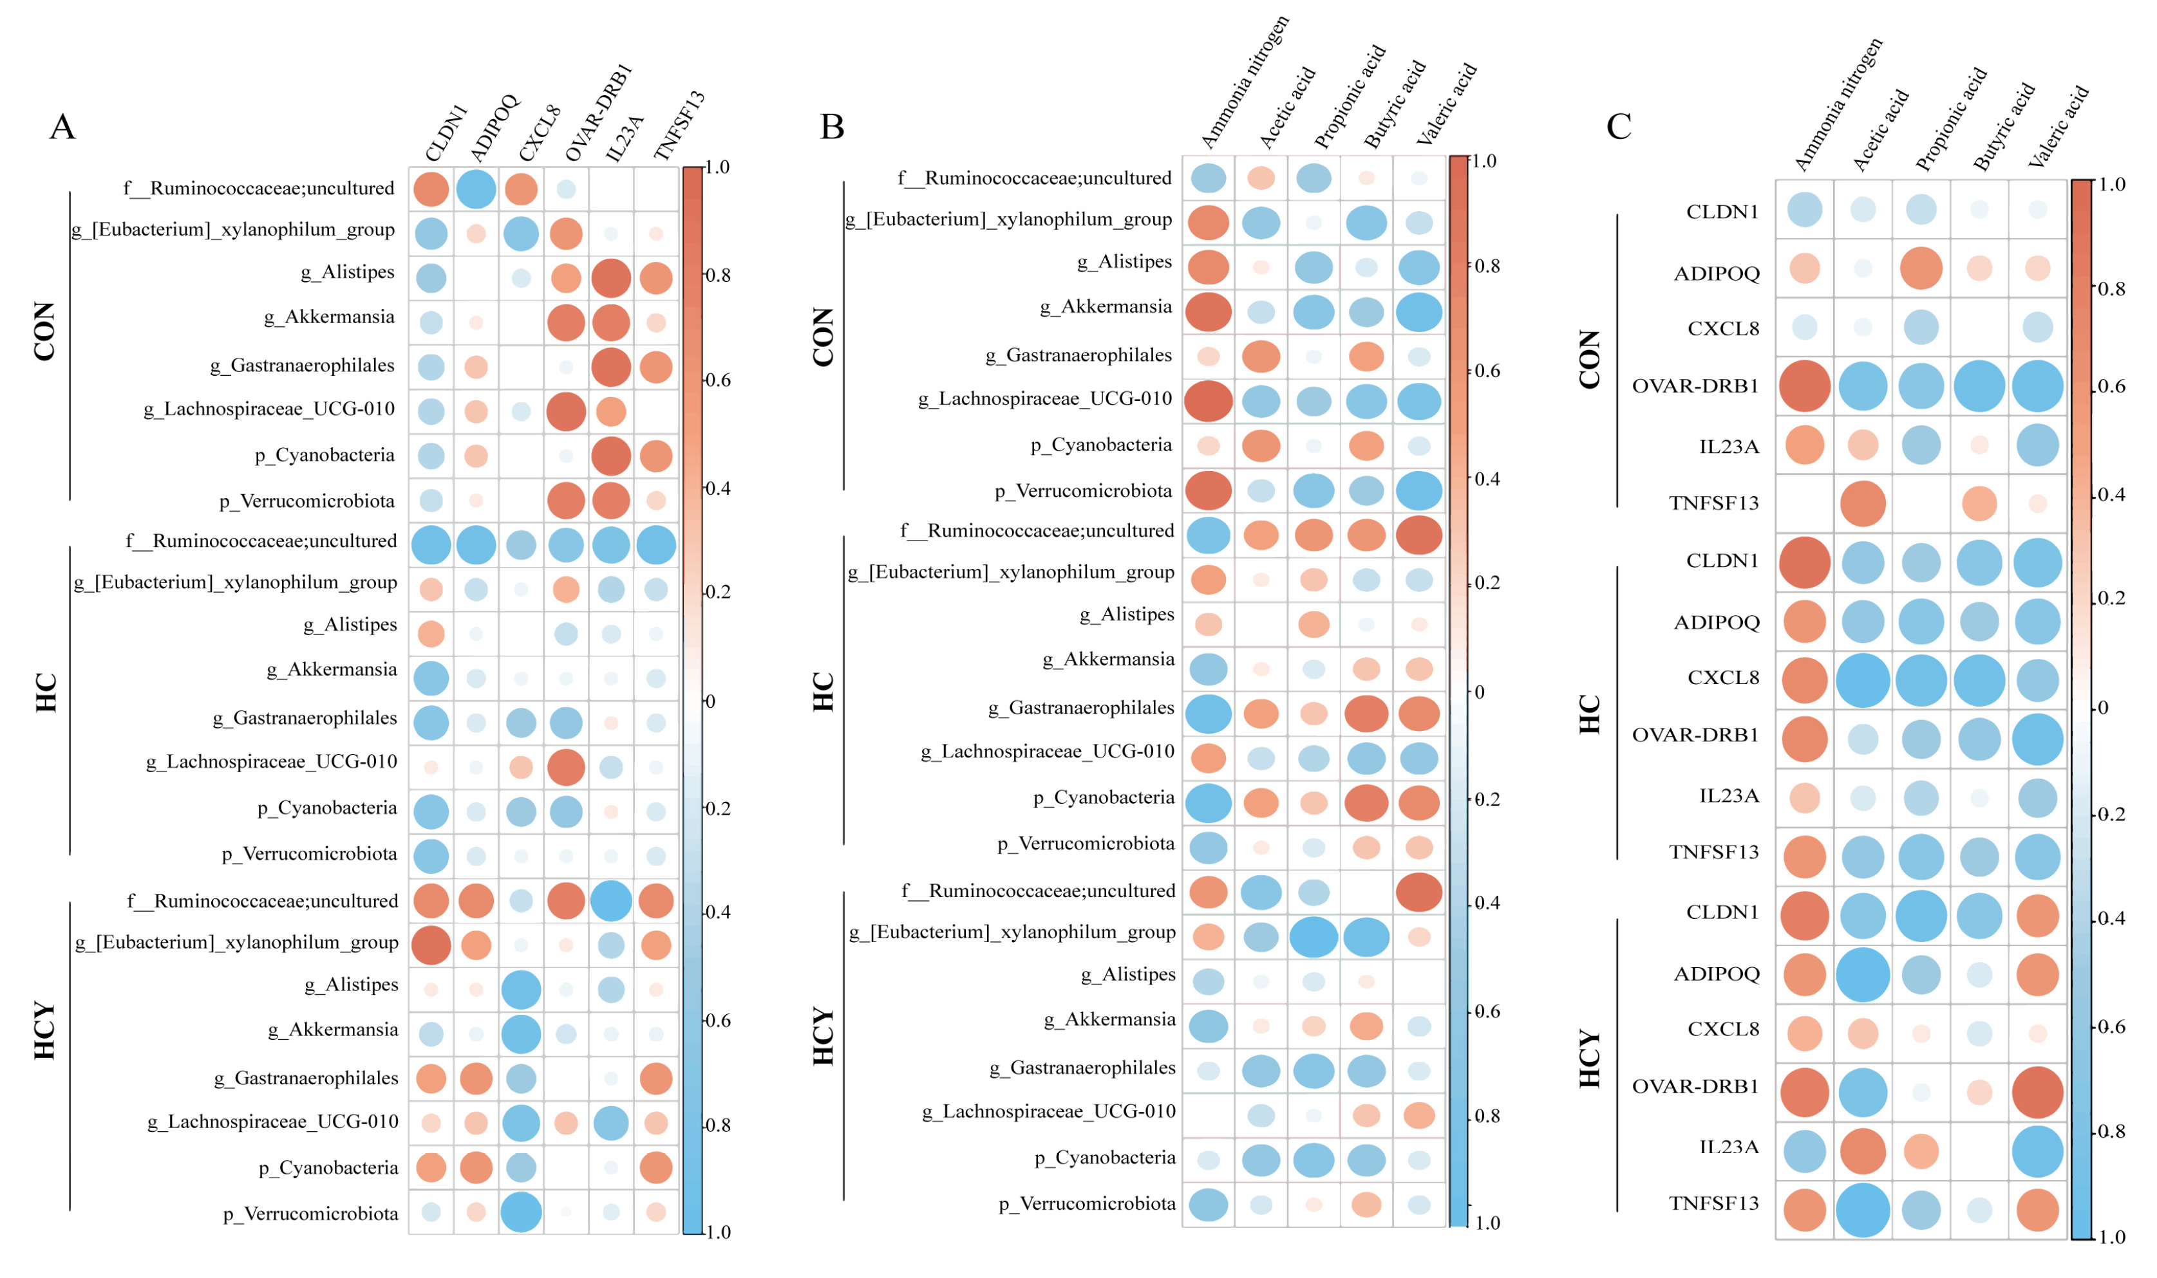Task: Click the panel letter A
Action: (x=62, y=127)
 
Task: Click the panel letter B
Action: (x=831, y=127)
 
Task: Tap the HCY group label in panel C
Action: (x=1589, y=1059)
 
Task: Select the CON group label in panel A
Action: (x=45, y=331)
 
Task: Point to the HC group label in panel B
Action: (x=824, y=692)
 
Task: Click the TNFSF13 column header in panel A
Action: (x=679, y=125)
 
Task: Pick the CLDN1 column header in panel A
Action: (x=446, y=133)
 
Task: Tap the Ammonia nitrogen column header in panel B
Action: (x=1244, y=82)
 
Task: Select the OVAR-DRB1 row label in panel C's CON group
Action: (x=1695, y=386)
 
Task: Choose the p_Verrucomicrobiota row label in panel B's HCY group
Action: (x=1086, y=1203)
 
